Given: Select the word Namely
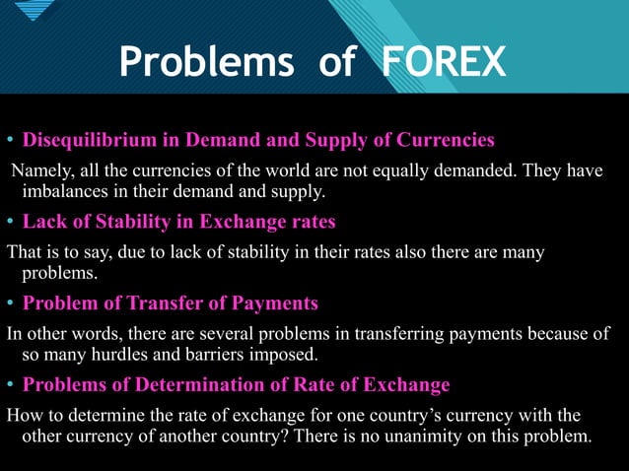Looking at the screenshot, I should click(x=38, y=171).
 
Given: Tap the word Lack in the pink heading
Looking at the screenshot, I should click(x=45, y=221).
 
